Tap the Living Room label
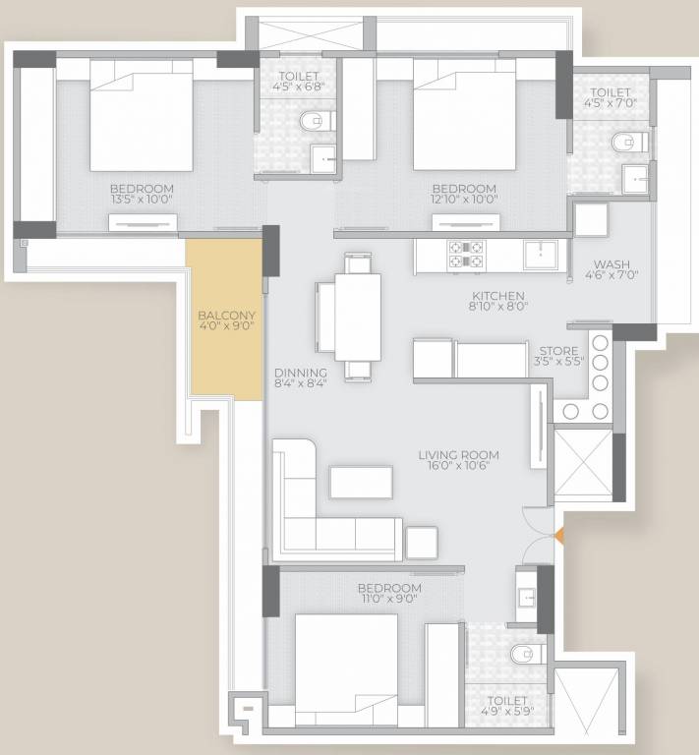point(458,455)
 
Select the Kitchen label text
point(498,295)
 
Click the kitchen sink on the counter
point(540,254)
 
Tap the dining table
point(357,316)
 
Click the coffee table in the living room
point(361,482)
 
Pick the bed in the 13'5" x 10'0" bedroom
point(141,115)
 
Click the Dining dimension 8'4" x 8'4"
point(301,383)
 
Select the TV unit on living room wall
point(538,428)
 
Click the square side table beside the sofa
point(422,543)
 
